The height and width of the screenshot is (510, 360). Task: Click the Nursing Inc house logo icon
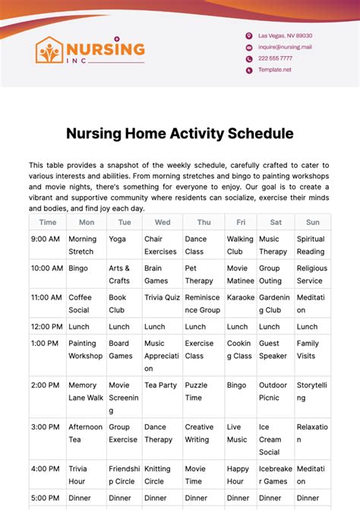(49, 50)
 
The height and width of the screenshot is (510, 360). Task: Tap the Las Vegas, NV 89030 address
(285, 36)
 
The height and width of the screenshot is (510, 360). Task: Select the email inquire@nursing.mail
(285, 47)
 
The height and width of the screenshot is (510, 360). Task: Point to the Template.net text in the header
(274, 70)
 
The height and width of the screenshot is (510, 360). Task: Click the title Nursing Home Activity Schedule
(179, 134)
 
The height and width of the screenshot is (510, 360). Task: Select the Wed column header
(162, 223)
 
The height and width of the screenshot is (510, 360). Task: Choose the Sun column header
(312, 223)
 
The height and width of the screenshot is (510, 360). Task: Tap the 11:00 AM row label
(47, 297)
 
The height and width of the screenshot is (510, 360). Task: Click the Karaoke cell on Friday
(241, 297)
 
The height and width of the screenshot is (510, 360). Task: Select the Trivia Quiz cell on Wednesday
(161, 297)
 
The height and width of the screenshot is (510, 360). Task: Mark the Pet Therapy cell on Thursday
(200, 274)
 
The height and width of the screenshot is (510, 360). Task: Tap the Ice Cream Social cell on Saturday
(273, 439)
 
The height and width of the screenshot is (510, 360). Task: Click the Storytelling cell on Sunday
(311, 391)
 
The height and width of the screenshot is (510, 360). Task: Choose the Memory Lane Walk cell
(86, 391)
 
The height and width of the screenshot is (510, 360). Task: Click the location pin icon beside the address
(248, 36)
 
